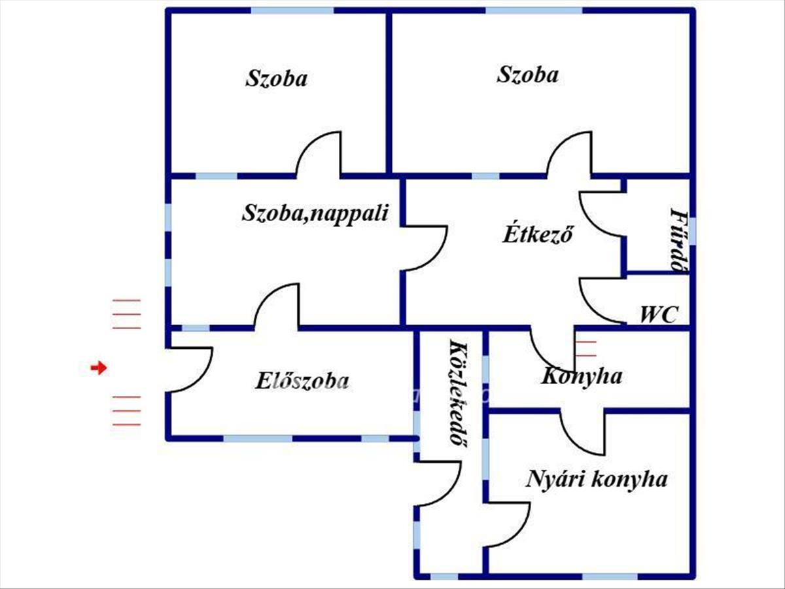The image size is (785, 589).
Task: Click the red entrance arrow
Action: pyautogui.click(x=99, y=367)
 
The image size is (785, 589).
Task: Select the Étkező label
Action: pyautogui.click(x=538, y=234)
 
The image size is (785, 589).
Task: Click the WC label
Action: pyautogui.click(x=659, y=315)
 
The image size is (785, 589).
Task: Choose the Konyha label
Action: pyautogui.click(x=581, y=376)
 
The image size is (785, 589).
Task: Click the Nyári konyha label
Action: pyautogui.click(x=597, y=480)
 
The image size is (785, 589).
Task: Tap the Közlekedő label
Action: pyautogui.click(x=458, y=393)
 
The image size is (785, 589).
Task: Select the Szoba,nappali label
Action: pyautogui.click(x=315, y=214)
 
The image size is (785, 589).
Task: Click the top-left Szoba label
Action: pyautogui.click(x=276, y=79)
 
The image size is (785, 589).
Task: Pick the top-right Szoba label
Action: pyautogui.click(x=527, y=75)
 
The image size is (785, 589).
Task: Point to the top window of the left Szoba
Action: pyautogui.click(x=292, y=10)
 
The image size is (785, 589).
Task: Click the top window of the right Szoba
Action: pyautogui.click(x=534, y=10)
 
